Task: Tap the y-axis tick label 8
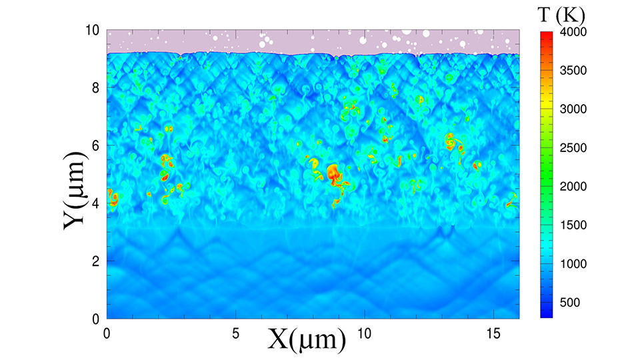[x=95, y=88]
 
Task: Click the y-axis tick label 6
[x=95, y=145]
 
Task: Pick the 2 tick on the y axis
[x=95, y=261]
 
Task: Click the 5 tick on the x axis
[x=235, y=332]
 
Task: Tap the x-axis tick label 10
[x=364, y=332]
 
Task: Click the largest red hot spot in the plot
[x=332, y=173]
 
